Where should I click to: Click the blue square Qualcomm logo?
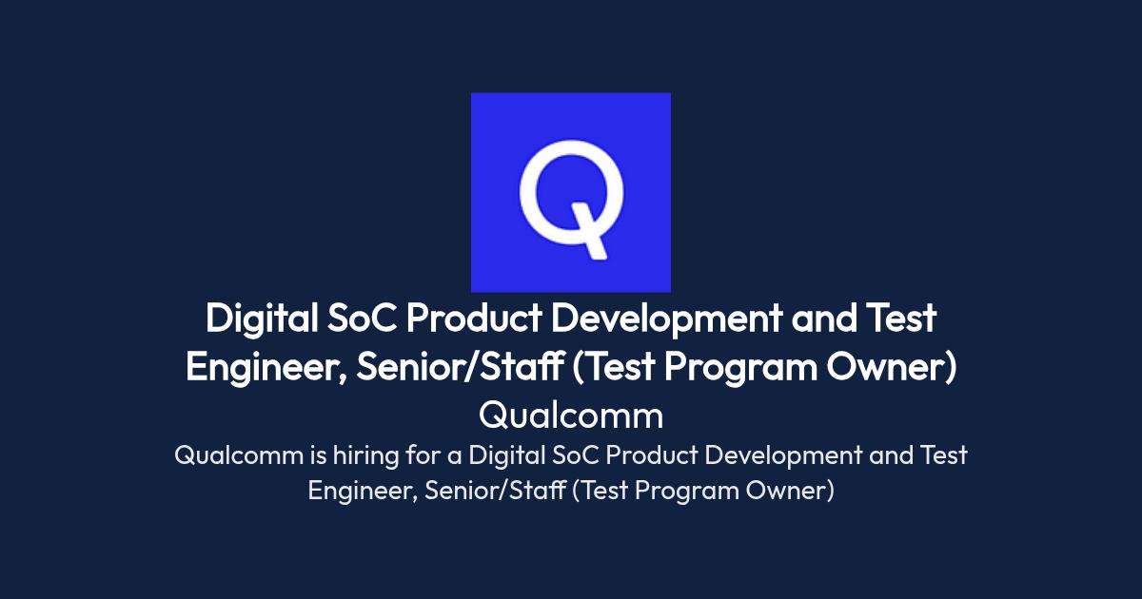pos(570,192)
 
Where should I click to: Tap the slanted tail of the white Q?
pos(589,232)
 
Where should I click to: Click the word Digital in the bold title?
pos(262,319)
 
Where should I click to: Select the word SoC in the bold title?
pos(362,319)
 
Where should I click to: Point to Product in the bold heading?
pos(474,319)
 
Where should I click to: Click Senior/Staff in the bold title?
pos(460,367)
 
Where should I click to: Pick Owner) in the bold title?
pos(892,367)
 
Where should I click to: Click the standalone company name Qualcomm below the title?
pos(571,415)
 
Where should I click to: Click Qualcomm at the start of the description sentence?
pos(239,455)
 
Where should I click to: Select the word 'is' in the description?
pos(318,455)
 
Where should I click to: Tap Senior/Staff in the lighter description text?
pos(495,491)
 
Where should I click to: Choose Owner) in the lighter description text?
pos(790,491)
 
